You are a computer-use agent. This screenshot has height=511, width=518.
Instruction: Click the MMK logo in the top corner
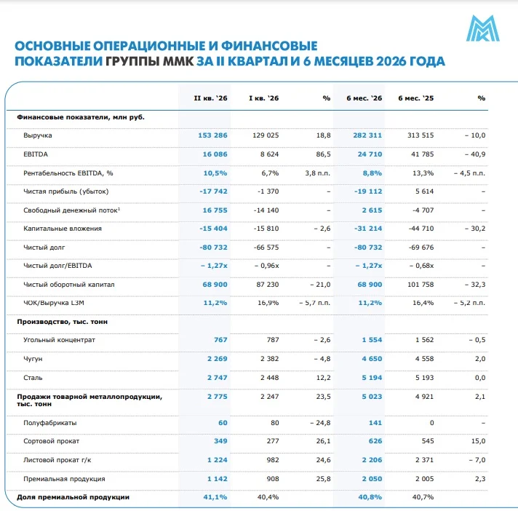coord(482,28)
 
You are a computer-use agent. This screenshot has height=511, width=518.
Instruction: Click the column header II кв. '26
coord(210,98)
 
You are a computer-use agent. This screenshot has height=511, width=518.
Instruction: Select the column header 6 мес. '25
coord(415,98)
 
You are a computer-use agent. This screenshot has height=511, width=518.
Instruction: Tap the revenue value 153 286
coord(212,135)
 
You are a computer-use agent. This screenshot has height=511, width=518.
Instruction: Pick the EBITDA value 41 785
coord(422,154)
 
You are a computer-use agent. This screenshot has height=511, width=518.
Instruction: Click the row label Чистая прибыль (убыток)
coord(65,191)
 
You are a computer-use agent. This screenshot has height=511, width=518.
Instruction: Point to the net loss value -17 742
coord(213,191)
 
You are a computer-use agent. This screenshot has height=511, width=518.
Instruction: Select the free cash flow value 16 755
coord(215,210)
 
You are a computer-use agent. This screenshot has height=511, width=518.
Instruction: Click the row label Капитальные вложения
coord(63,229)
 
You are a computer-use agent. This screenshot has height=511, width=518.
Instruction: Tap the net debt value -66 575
coord(266,247)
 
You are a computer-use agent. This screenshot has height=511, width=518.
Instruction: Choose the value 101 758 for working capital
coord(421,285)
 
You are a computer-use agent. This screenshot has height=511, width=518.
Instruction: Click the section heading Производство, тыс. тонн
coord(62,322)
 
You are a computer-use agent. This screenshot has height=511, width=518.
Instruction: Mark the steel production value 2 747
coord(218,378)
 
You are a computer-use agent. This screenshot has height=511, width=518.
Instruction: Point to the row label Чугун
coord(33,359)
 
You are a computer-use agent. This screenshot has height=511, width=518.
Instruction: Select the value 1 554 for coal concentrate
coord(372,340)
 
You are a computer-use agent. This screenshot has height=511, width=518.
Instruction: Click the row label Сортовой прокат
coord(51,441)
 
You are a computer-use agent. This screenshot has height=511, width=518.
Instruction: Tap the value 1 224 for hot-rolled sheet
coord(218,460)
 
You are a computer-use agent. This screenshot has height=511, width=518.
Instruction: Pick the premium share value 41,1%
coord(215,497)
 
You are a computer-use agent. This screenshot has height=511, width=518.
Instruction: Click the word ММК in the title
coord(178,61)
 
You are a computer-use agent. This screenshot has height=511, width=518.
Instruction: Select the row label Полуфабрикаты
coord(50,423)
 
